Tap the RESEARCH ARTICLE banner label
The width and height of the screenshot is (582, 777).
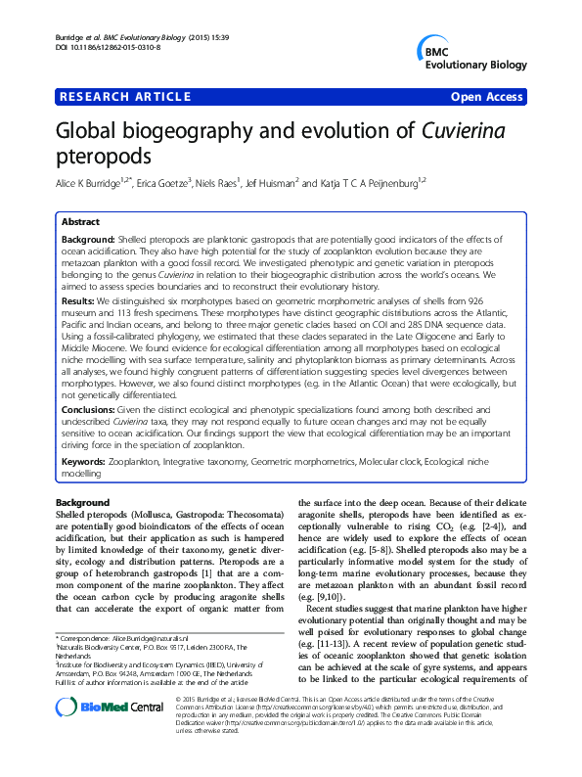(x=125, y=96)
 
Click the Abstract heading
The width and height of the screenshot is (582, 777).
(x=82, y=222)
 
